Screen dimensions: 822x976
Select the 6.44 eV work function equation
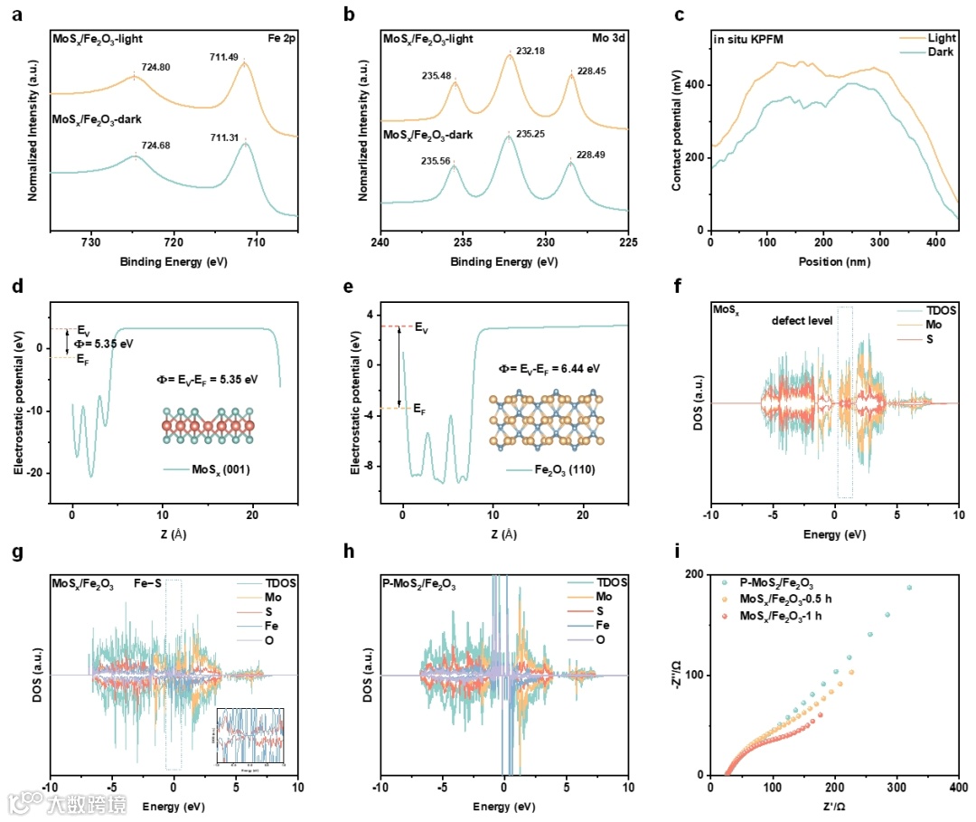coord(549,368)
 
